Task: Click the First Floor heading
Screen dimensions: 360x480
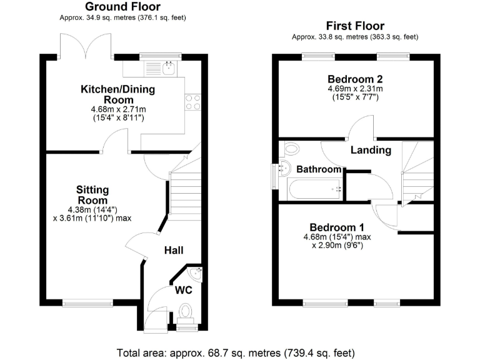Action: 354,26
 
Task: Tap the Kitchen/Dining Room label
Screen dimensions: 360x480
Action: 117,94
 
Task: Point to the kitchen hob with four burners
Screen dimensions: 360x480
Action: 193,102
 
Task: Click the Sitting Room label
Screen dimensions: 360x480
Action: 92,194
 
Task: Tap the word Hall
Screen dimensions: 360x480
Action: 174,250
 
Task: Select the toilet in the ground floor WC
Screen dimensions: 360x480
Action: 186,311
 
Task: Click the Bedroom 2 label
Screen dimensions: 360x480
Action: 354,79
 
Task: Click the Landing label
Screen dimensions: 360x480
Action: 371,150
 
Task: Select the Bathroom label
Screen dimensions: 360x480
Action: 319,169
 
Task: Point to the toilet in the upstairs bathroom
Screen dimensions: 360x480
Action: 291,149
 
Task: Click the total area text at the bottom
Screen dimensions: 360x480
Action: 239,351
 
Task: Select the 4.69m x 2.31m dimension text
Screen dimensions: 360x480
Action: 354,89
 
